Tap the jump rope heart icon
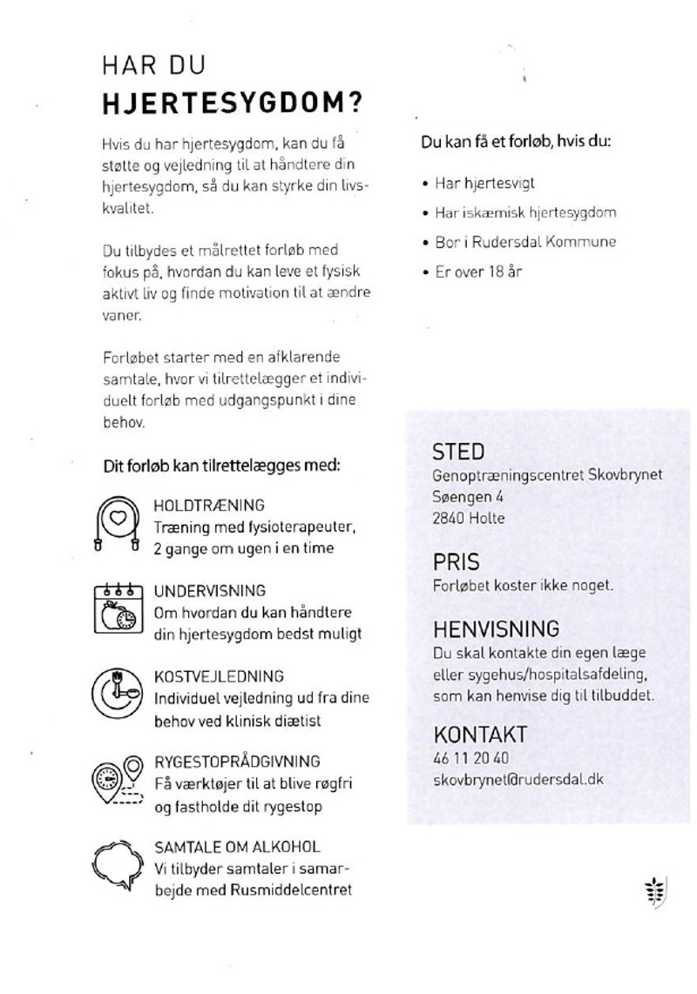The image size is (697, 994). click(x=118, y=523)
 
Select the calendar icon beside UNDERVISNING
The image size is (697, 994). click(x=118, y=608)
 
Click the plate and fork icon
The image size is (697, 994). click(x=118, y=693)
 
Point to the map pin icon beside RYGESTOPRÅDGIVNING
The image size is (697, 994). click(x=118, y=780)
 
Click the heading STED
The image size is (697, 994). click(x=458, y=452)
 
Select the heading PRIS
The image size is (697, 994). click(x=457, y=562)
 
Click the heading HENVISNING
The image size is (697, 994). click(x=496, y=628)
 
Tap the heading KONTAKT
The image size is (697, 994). click(x=480, y=734)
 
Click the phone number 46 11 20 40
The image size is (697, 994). click(x=471, y=757)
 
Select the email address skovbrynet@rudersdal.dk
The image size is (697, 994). click(x=518, y=779)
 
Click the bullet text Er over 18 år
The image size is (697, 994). click(x=478, y=272)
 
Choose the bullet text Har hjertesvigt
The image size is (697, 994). click(x=484, y=183)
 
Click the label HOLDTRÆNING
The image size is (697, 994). click(x=209, y=505)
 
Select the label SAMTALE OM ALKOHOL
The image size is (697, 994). click(x=237, y=846)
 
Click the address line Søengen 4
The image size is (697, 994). click(x=467, y=496)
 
